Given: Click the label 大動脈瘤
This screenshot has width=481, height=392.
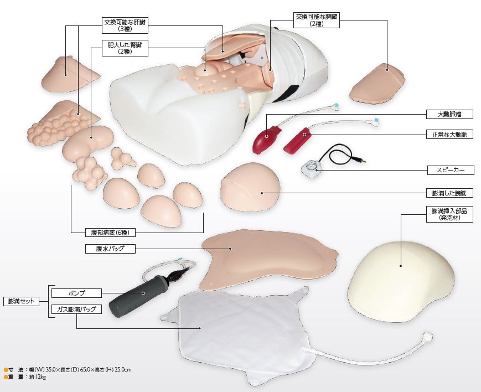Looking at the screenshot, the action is tap(449, 115).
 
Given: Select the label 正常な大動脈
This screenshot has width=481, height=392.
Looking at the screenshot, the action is tap(449, 135).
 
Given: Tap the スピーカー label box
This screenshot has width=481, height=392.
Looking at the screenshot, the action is tap(451, 170).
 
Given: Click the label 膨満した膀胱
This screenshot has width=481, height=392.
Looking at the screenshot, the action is tap(449, 193).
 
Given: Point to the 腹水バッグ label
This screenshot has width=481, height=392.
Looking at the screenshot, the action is tap(110, 249).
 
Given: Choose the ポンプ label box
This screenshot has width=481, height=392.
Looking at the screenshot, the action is tap(76, 293).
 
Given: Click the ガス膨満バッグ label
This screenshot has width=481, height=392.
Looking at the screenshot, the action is tap(76, 309).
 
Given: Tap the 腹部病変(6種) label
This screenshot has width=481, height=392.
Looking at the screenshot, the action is tap(110, 233).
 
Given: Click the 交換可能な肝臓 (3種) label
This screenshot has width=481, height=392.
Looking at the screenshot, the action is tap(125, 25).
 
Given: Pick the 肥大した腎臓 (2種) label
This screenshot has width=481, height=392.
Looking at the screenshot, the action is tap(125, 48).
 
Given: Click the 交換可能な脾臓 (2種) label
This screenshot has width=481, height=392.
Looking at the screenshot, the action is tap(316, 20).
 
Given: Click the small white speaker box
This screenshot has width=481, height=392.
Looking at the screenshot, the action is tap(312, 169).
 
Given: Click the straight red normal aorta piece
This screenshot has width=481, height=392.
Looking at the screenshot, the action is tap(297, 140).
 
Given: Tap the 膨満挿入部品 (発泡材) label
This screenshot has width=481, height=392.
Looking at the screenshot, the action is tap(449, 214).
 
